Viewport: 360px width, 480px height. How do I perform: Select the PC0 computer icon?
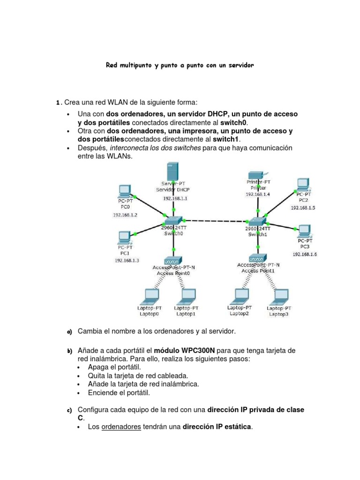(124, 190)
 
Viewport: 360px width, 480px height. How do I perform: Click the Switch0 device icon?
(173, 219)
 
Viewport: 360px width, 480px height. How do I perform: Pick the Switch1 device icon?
(257, 219)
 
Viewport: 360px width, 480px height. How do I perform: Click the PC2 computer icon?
(303, 183)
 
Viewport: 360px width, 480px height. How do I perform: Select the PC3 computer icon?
(304, 230)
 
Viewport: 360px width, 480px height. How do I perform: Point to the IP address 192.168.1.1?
(175, 198)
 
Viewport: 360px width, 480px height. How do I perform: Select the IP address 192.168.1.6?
(305, 254)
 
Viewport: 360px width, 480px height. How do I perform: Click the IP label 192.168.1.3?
(127, 260)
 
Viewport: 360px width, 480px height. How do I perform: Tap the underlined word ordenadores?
(121, 427)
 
